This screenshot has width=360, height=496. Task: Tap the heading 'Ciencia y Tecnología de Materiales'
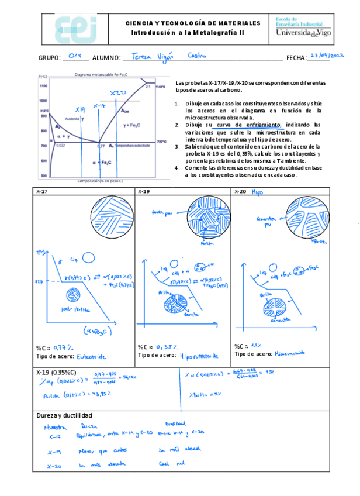click(x=193, y=23)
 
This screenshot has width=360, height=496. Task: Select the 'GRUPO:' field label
click(x=50, y=58)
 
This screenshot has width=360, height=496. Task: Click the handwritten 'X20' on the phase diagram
click(x=119, y=93)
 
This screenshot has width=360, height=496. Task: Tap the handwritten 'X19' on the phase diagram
click(x=81, y=109)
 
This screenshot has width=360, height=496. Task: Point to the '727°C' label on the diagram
click(x=162, y=142)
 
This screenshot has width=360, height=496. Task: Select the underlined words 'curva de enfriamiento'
click(x=250, y=125)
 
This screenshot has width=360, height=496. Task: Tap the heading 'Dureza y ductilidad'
click(x=64, y=415)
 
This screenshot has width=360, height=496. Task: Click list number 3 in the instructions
click(x=176, y=146)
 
